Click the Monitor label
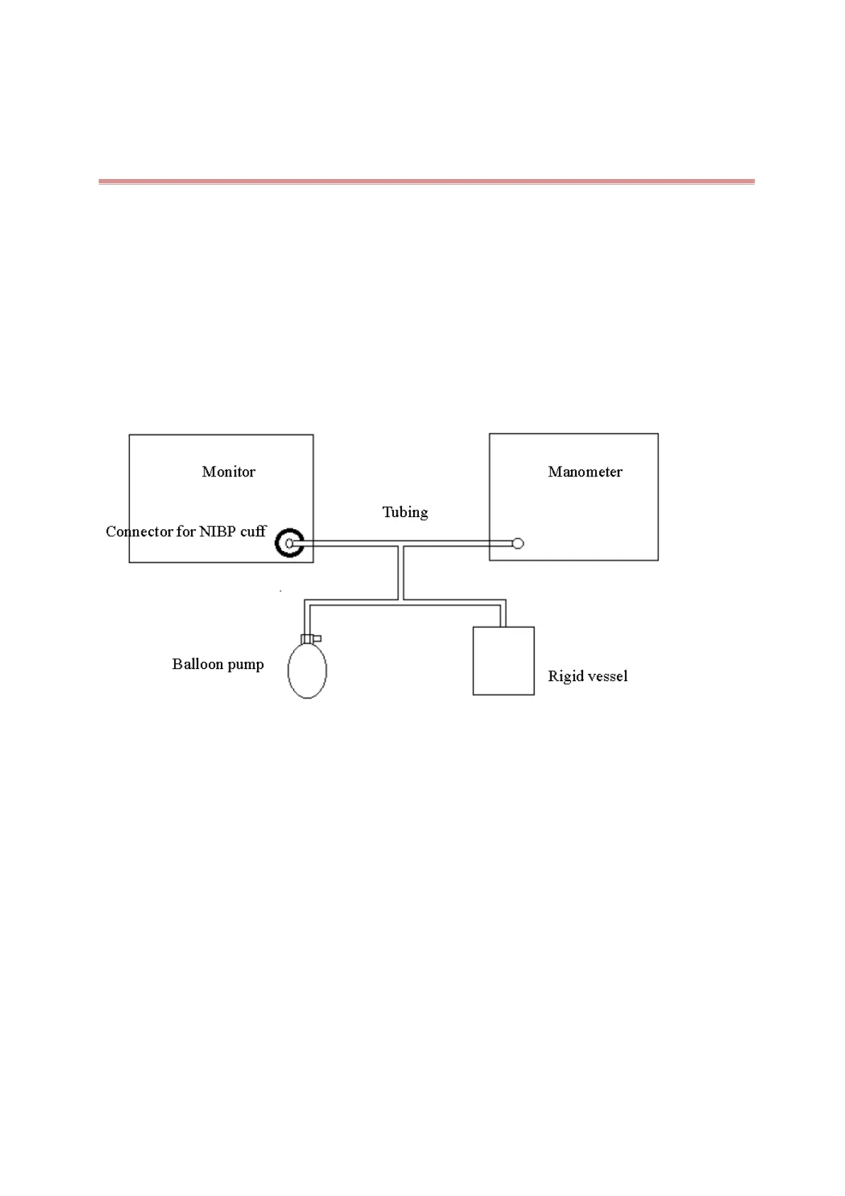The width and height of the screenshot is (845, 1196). [228, 472]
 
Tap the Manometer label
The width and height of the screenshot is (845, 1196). [584, 472]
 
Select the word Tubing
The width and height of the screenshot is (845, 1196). [405, 512]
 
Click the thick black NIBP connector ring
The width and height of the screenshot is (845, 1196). [290, 543]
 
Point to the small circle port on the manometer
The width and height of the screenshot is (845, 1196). [518, 543]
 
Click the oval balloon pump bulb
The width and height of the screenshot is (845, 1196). [307, 670]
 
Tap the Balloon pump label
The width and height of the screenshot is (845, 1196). [217, 664]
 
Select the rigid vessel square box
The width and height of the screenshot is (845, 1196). [503, 660]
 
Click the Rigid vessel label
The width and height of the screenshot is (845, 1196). [587, 676]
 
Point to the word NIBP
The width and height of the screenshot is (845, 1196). [218, 531]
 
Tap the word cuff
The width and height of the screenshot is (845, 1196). [253, 531]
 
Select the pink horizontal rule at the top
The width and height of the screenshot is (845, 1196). [426, 182]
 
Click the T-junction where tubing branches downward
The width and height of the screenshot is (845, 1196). [400, 545]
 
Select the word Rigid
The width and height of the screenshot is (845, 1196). [562, 676]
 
